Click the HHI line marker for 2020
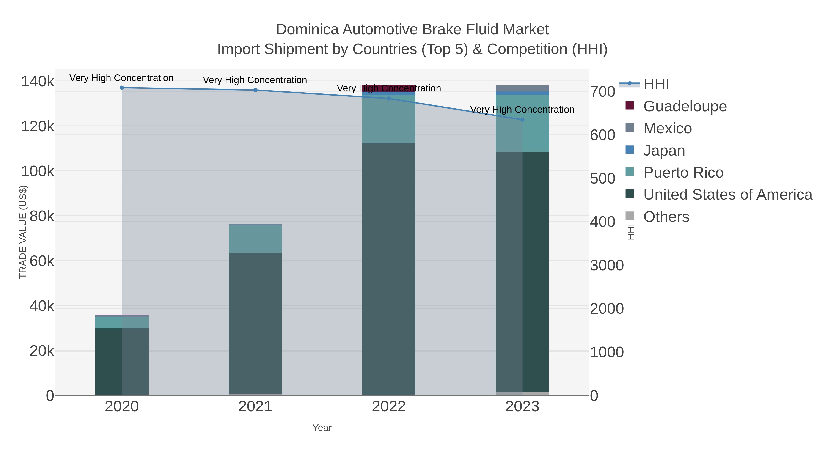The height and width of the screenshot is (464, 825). pos(122,88)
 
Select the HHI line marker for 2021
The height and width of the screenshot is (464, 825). pos(255,90)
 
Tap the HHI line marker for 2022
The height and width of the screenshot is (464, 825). pos(389,98)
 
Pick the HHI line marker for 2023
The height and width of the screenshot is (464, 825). pos(522,120)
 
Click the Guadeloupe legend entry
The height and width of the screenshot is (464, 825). pos(685,106)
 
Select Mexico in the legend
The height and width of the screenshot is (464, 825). pos(667,128)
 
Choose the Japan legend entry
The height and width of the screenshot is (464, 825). pos(664,151)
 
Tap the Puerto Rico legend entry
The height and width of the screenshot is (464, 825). pos(683,173)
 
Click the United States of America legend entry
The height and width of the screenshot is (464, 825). pos(728,195)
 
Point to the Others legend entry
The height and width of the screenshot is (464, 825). pos(666,217)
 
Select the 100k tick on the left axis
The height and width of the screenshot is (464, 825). pos(38,172)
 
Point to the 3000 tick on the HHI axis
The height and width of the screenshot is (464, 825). pos(607,266)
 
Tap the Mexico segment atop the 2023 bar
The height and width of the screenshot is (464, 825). pos(522,88)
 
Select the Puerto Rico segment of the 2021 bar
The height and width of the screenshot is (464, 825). pos(255,239)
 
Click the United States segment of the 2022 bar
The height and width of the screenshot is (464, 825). pos(389,269)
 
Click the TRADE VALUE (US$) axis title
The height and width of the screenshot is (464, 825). pos(23,232)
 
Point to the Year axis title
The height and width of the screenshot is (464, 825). pos(322,428)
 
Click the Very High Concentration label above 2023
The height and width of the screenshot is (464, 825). pos(522,110)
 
